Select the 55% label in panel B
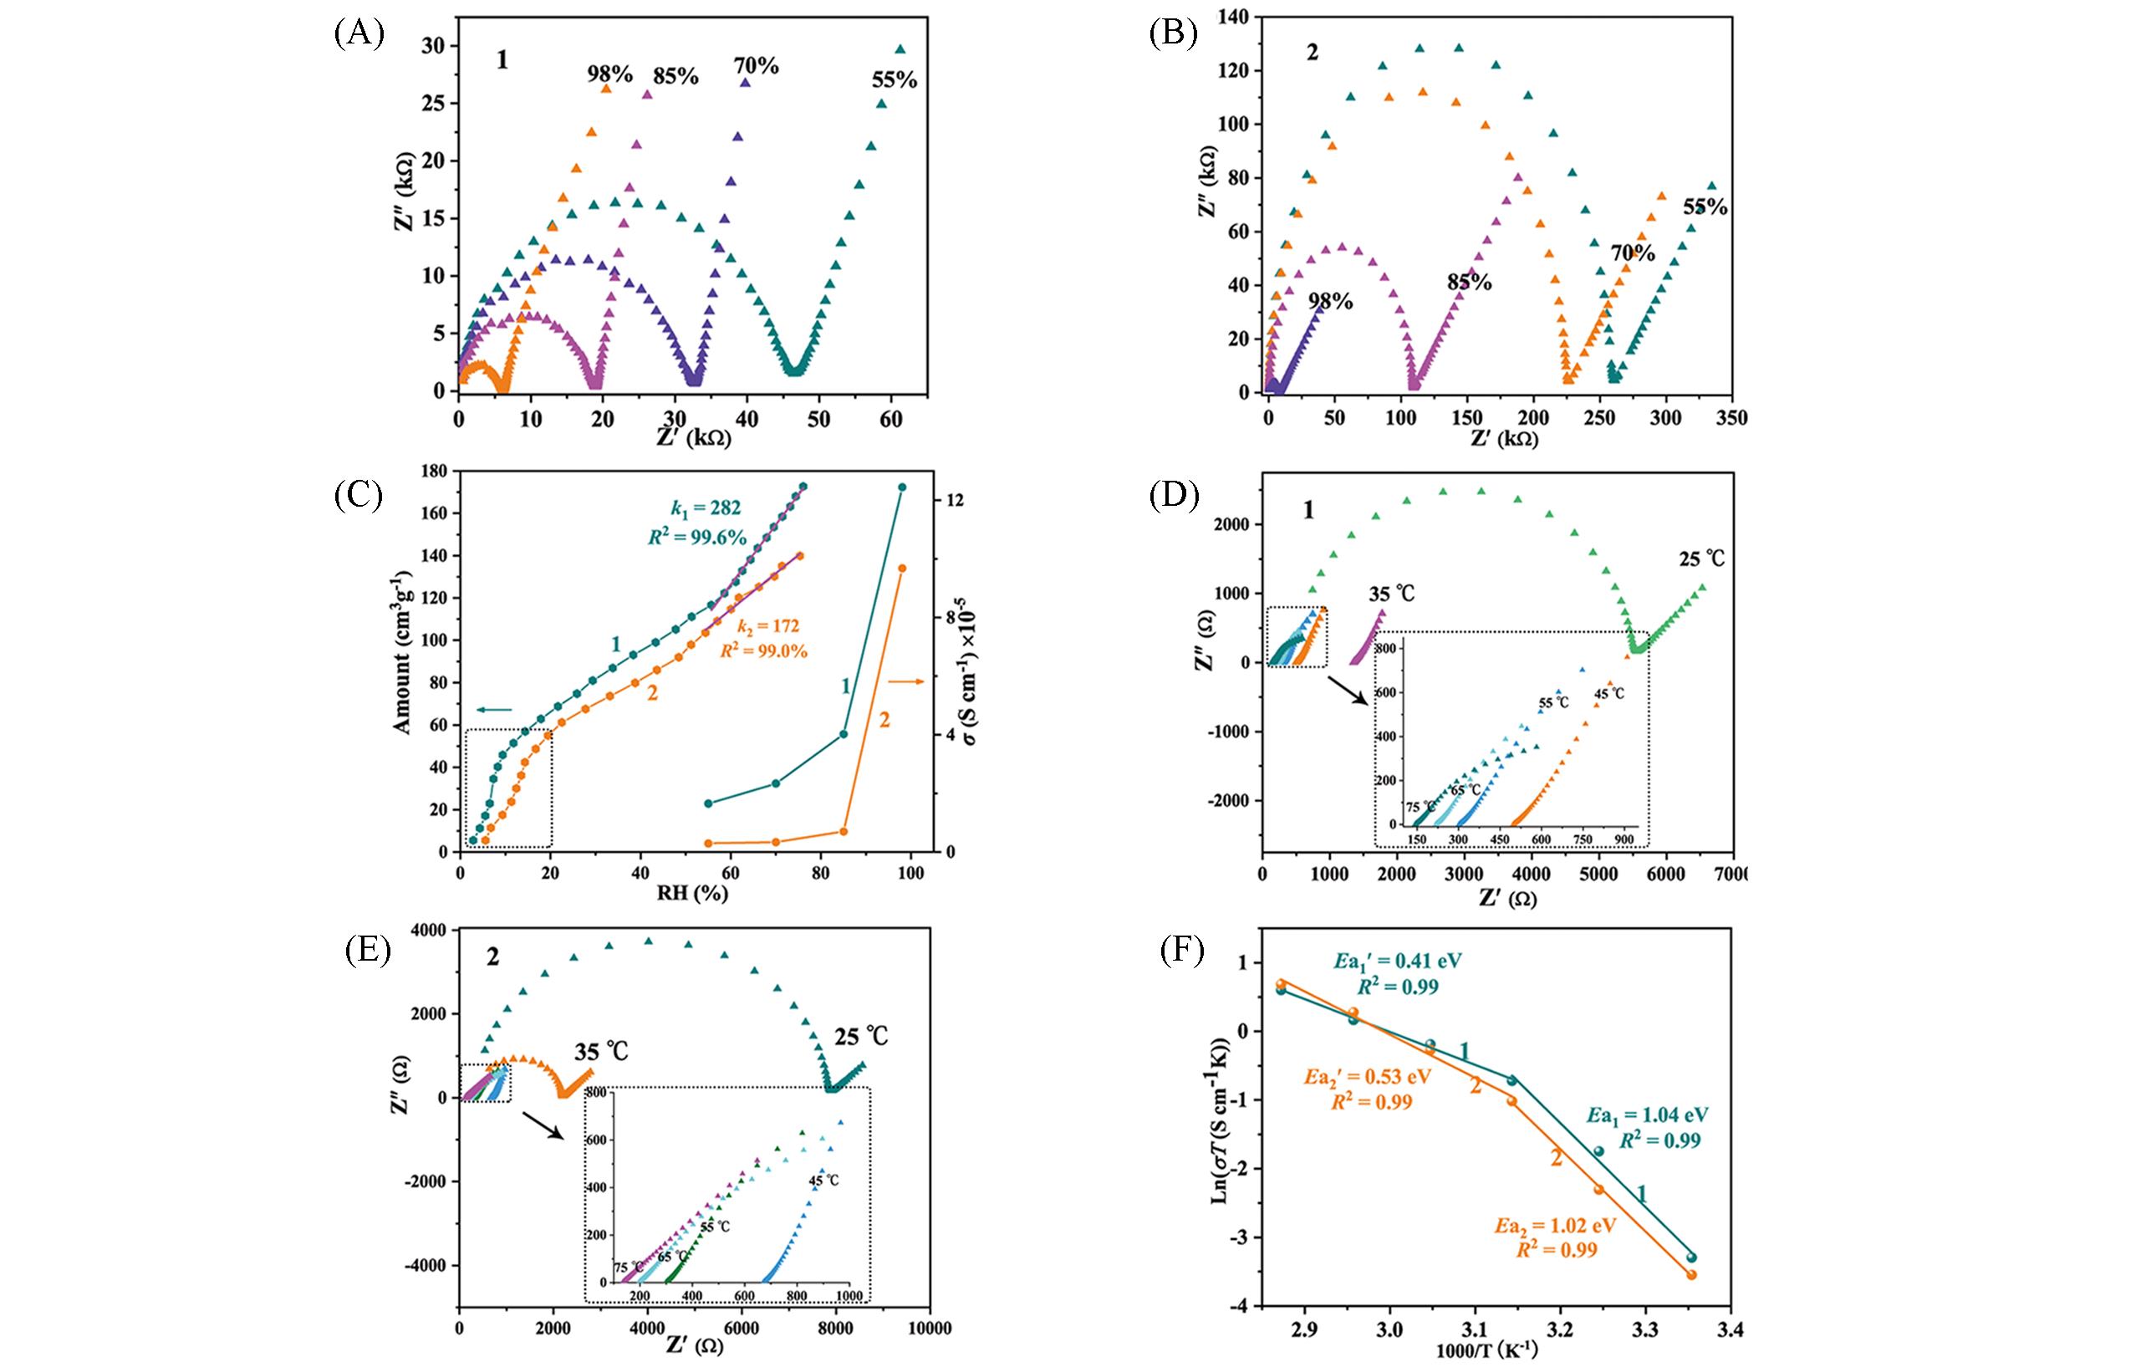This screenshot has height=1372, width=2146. (x=1704, y=207)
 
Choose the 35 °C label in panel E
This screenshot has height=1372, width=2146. (x=602, y=1052)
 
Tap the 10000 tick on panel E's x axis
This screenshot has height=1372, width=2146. (x=929, y=1329)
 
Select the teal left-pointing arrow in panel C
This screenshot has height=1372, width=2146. (x=494, y=710)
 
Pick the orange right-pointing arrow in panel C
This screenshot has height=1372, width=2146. (x=907, y=682)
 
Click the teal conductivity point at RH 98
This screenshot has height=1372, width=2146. (x=901, y=487)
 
